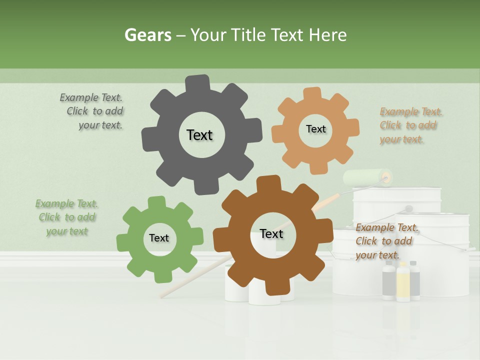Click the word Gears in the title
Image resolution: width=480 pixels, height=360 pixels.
tap(147, 35)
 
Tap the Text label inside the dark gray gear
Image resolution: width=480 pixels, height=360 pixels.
tap(199, 135)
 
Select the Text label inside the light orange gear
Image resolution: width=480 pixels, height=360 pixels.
tap(315, 129)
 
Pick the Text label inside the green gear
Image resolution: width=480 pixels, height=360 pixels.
tap(159, 238)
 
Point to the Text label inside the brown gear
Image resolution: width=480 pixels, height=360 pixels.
tap(271, 233)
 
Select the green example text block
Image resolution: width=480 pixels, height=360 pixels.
tap(66, 217)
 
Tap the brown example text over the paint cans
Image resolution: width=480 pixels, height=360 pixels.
tap(386, 241)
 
